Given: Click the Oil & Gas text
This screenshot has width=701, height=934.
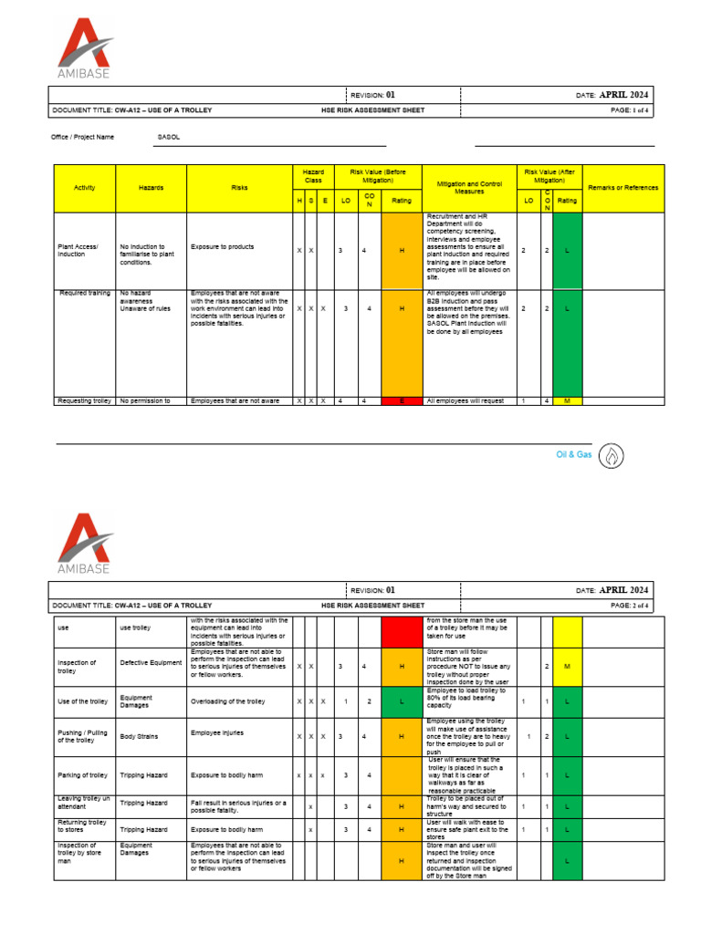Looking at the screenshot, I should pos(574,454).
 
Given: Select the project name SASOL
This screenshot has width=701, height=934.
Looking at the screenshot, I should pos(169,137).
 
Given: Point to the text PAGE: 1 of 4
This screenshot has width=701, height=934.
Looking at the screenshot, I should pos(629,109).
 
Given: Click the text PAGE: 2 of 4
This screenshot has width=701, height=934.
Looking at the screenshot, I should pos(629,605).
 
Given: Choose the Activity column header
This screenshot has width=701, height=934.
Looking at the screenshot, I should pos(84,188).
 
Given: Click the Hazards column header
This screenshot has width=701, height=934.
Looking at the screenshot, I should pos(152,188).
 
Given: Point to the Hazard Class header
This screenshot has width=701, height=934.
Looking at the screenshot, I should pos(313,176).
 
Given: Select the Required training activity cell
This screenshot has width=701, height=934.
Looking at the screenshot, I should pos(85,294).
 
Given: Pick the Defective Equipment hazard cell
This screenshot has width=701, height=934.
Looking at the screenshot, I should pos(152,663).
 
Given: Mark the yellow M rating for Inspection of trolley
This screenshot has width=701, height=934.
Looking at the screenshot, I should pos(567,667).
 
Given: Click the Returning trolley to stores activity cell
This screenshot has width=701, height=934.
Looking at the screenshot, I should pos(82,826).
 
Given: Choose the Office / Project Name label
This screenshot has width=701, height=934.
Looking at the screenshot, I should pos(83,137).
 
